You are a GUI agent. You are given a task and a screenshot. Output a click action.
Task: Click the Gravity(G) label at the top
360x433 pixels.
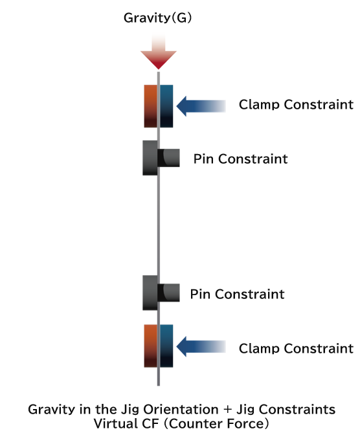(x=157, y=18)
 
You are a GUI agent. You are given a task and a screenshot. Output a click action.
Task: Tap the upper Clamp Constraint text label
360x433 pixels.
(x=296, y=105)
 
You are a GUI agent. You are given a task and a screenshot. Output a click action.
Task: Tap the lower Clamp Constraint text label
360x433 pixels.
(x=296, y=349)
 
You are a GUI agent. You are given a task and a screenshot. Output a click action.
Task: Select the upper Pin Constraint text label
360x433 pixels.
(x=240, y=159)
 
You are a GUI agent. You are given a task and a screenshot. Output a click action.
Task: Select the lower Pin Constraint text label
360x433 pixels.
(x=237, y=294)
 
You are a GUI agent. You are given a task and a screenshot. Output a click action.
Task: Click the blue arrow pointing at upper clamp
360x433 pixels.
(x=201, y=105)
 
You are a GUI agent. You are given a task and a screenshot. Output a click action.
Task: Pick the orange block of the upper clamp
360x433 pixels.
(x=150, y=105)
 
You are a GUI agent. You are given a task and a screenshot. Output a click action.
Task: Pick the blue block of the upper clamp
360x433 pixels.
(x=166, y=105)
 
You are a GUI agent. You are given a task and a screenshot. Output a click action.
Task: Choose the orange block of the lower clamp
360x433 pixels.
(x=150, y=346)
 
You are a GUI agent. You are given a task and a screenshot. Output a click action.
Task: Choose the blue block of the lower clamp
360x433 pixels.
(x=166, y=346)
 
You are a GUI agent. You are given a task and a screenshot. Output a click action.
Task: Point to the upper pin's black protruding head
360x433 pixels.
(x=170, y=157)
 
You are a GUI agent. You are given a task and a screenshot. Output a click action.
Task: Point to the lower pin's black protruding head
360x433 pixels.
(x=170, y=293)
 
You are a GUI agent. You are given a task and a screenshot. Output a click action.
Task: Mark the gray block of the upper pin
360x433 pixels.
(x=150, y=157)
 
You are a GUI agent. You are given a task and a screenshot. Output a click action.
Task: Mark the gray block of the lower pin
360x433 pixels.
(x=150, y=293)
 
